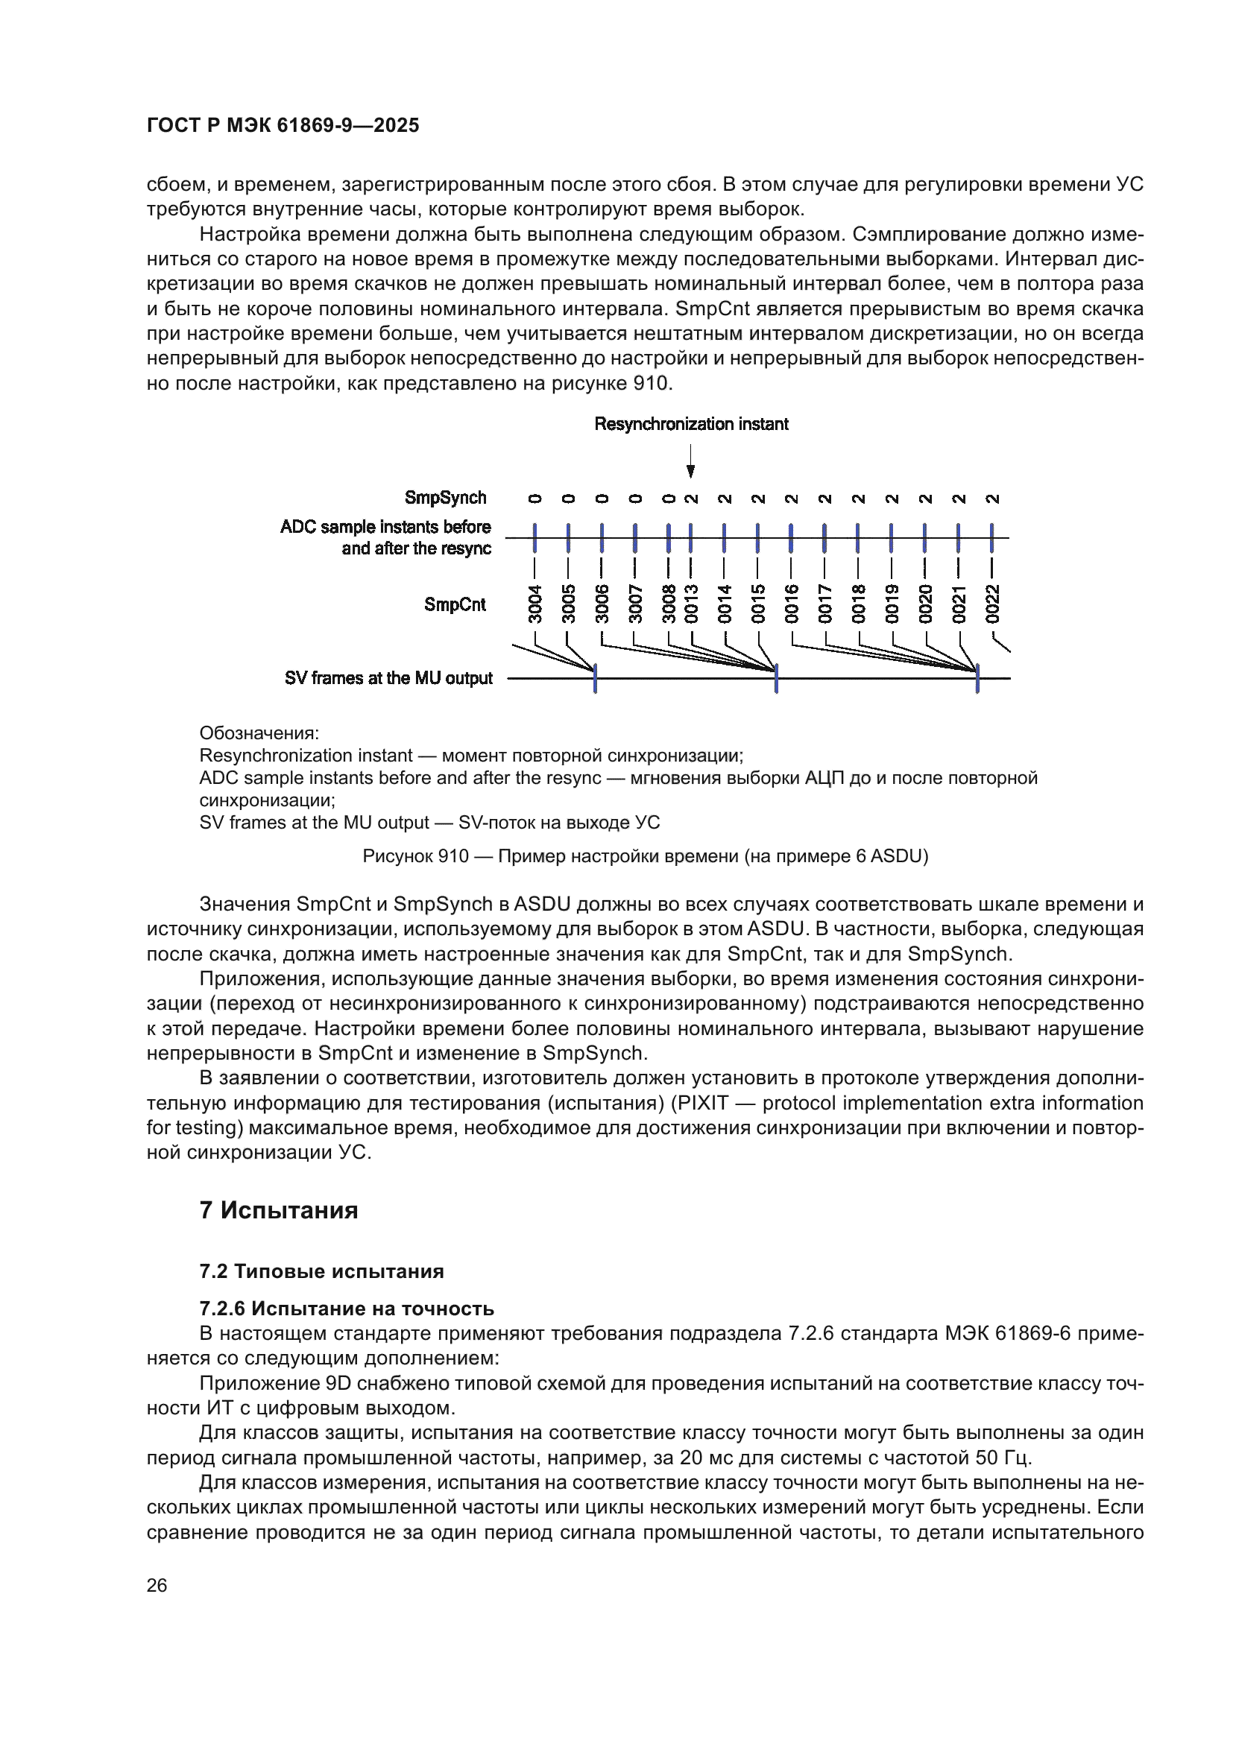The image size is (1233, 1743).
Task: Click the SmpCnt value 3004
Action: point(535,604)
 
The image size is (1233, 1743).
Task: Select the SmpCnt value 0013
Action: point(692,604)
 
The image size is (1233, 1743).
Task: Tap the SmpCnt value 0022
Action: point(992,604)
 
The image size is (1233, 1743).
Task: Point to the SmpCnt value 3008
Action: point(669,604)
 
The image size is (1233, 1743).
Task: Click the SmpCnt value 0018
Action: point(858,604)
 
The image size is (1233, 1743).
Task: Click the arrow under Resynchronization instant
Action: point(690,461)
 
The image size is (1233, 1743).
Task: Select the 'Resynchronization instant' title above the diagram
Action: point(691,423)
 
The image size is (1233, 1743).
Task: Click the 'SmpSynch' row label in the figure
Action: point(445,498)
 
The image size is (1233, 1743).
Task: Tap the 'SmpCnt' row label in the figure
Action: point(455,604)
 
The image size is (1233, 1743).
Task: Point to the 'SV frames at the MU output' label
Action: point(388,678)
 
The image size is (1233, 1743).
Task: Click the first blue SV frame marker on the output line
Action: point(595,678)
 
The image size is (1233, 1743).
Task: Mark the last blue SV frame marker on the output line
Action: point(977,678)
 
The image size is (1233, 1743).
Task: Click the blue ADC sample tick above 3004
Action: point(535,537)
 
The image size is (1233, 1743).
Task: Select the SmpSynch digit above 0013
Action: point(692,499)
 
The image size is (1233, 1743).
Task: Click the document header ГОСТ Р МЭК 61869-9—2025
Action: point(283,125)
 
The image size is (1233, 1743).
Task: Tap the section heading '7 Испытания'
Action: point(279,1210)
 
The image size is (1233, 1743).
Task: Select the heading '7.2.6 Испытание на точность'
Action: point(346,1309)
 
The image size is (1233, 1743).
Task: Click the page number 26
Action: point(157,1585)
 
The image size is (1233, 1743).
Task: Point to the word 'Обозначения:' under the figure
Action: point(259,733)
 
